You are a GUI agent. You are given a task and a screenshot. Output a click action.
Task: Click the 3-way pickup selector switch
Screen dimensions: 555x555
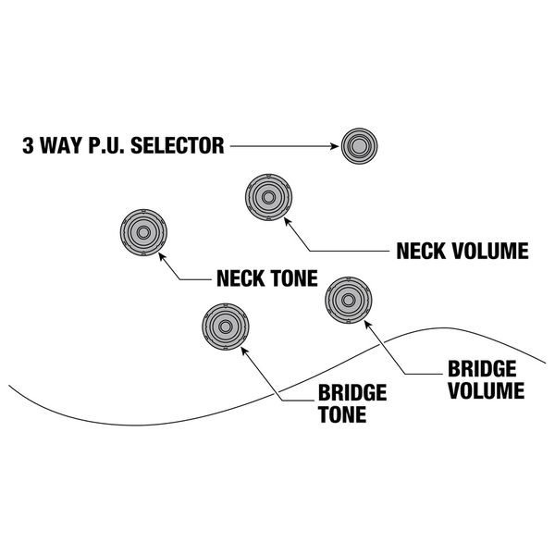tap(359, 145)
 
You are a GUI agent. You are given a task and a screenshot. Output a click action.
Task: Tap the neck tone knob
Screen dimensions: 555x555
tap(144, 232)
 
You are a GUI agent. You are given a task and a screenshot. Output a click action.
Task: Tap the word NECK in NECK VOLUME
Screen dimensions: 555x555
tap(421, 251)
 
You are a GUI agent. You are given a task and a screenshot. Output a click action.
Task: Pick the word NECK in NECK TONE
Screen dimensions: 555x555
tap(240, 277)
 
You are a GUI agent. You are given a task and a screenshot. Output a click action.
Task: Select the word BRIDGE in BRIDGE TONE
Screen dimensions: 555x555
tap(351, 394)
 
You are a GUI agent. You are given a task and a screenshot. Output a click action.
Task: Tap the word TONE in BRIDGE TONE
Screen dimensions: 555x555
tap(341, 414)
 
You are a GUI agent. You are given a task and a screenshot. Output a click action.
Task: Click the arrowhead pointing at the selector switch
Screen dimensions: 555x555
tap(334, 145)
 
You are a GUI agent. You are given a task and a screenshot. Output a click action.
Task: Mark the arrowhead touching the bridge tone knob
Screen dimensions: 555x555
tap(245, 351)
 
